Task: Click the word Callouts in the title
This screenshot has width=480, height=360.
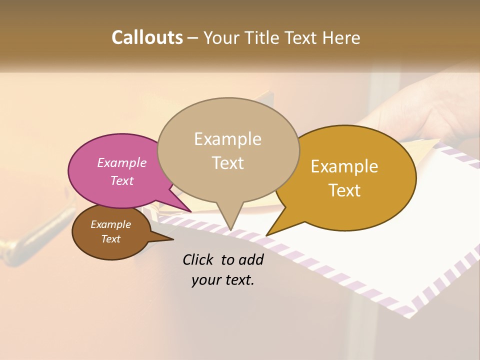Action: (x=147, y=37)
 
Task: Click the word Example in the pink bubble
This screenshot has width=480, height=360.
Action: (x=122, y=162)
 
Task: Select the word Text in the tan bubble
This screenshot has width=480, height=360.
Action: (x=228, y=163)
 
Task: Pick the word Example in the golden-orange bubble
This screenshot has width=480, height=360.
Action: (x=344, y=166)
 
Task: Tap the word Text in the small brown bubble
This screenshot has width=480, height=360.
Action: (x=111, y=239)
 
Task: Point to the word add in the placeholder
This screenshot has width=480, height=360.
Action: (x=250, y=259)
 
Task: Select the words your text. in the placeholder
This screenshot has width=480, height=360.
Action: (x=223, y=280)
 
